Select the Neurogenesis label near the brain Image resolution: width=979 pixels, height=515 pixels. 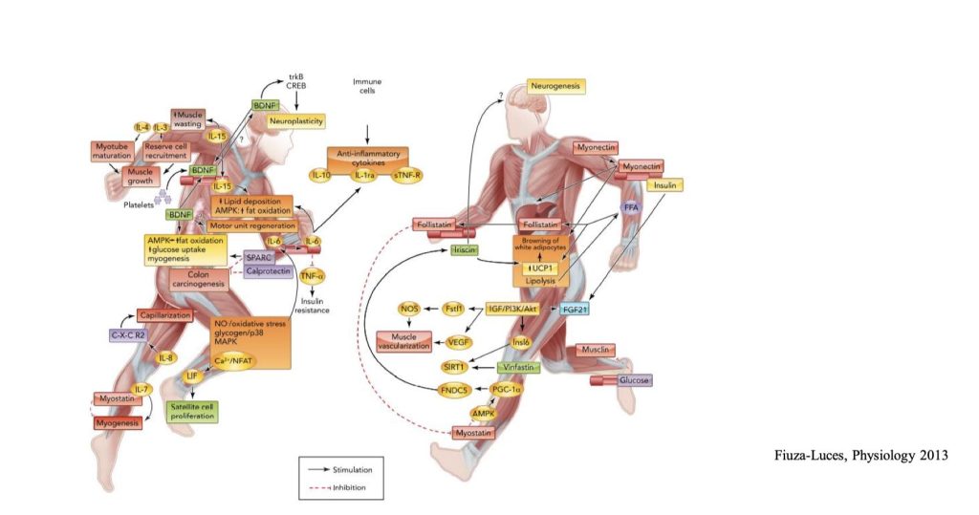pyautogui.click(x=555, y=87)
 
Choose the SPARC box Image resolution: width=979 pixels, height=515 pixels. pyautogui.click(x=260, y=257)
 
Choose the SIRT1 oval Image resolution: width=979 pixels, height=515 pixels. pyautogui.click(x=454, y=367)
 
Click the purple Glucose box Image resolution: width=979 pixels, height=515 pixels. pyautogui.click(x=634, y=380)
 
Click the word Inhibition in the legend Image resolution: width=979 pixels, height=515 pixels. pyautogui.click(x=351, y=487)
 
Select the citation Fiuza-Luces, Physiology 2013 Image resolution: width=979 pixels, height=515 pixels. pyautogui.click(x=860, y=455)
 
